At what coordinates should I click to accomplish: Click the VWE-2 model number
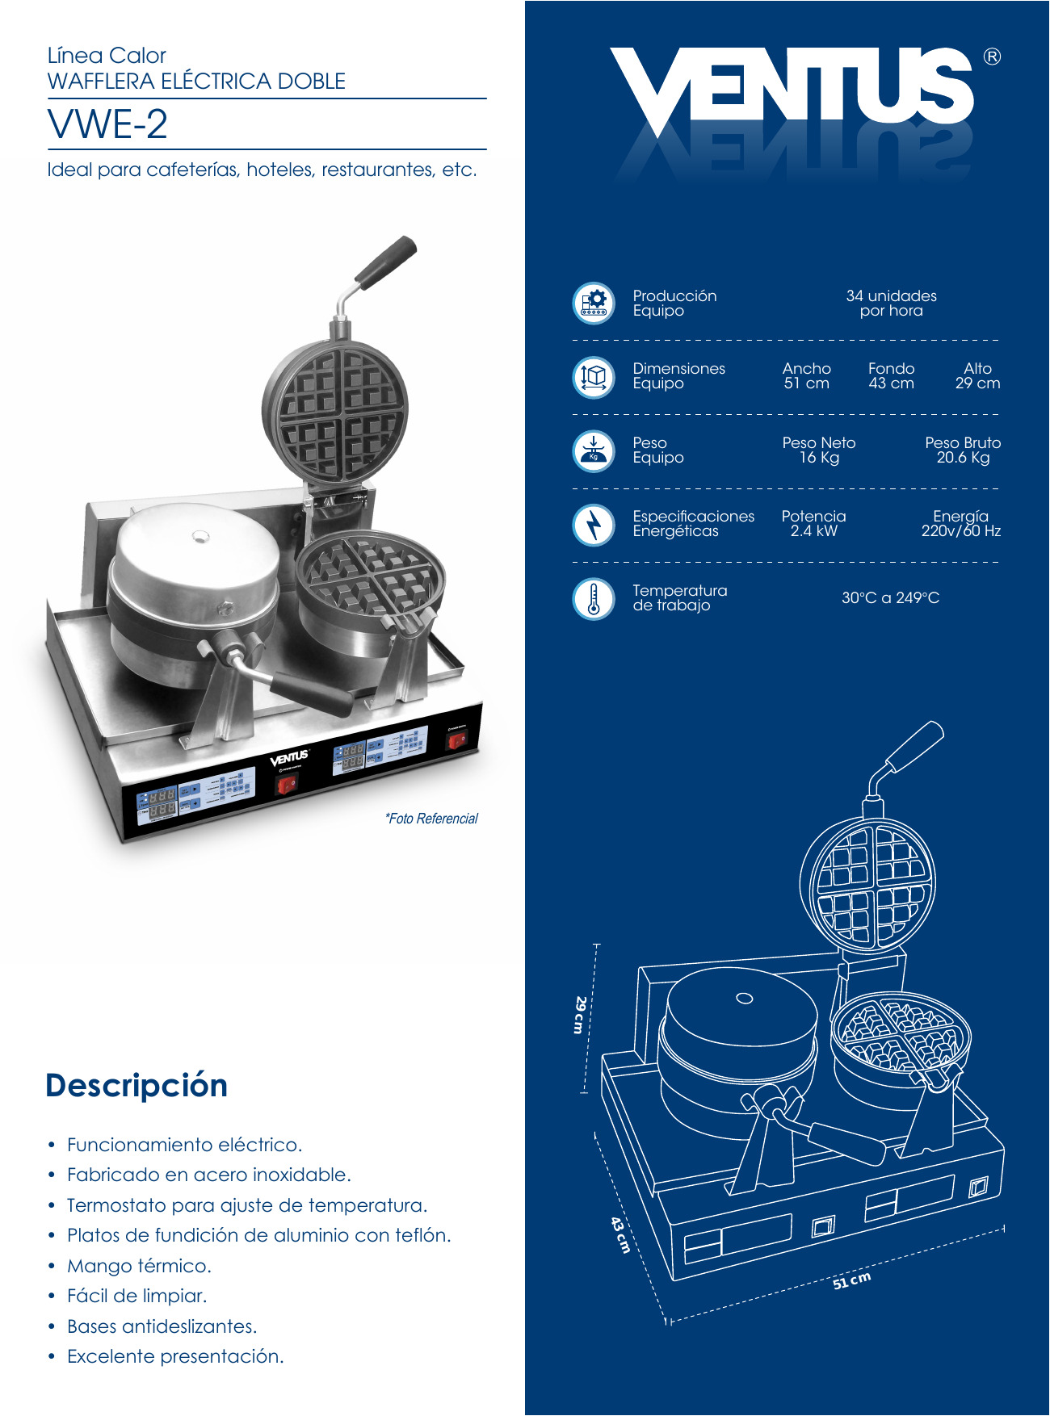coord(107,124)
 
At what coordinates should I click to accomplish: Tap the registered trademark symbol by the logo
coord(992,57)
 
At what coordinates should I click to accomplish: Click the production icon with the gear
coord(594,303)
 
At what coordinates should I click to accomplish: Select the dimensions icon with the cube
coord(594,376)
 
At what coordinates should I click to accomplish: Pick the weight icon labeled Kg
coord(594,450)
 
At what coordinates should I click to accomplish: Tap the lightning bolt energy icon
coord(594,524)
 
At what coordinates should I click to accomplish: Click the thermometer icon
coord(594,598)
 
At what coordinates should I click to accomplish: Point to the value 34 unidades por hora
coord(892,303)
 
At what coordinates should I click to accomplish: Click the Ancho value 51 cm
coord(807,383)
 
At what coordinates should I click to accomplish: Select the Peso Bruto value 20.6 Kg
coord(964,458)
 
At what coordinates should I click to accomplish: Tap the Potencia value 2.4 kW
coord(814,531)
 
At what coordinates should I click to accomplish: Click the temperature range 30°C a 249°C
coord(891,598)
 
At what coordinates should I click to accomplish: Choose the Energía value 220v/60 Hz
coord(961,531)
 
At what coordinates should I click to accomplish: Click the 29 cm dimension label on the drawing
coord(579,1015)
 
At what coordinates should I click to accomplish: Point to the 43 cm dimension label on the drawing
coord(620,1235)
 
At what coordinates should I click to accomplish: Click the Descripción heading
coord(136,1086)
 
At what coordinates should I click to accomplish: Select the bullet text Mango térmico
coord(139,1266)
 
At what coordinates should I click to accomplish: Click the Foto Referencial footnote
coord(431,819)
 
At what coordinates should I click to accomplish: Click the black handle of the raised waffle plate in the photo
coord(386,262)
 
